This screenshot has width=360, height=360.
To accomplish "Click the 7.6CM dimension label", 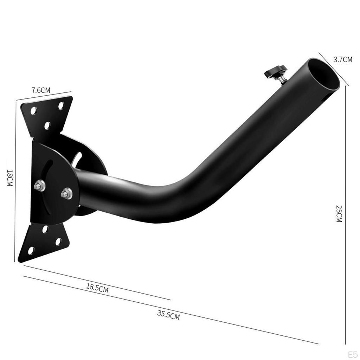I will (x=41, y=90).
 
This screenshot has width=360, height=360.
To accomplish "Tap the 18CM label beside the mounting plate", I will (x=9, y=178).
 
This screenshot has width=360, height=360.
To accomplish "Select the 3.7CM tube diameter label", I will (x=343, y=59).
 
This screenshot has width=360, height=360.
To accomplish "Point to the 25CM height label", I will (x=339, y=213).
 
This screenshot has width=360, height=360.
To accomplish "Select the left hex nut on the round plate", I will (x=40, y=185).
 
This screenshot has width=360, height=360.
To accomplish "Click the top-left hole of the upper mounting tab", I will (x=33, y=111).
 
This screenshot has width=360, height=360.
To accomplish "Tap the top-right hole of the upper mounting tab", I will (x=61, y=105).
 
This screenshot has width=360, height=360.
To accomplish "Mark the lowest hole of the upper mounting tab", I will (x=47, y=125).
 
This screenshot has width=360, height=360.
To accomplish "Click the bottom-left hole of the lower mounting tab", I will (x=31, y=250).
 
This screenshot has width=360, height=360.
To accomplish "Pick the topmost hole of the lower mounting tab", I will (x=45, y=229).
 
